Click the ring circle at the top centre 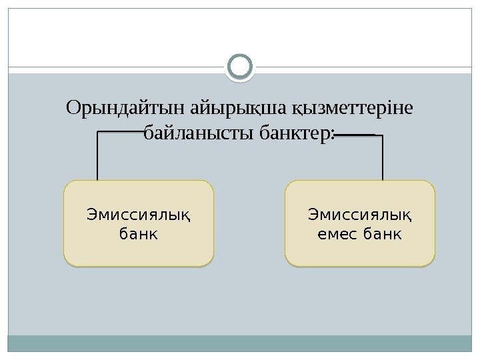(x=240, y=67)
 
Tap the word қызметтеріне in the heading (x=354, y=107)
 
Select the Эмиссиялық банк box (x=139, y=223)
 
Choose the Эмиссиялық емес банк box (x=360, y=223)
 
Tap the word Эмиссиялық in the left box (x=139, y=215)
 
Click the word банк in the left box (x=139, y=234)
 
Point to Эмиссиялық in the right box (x=360, y=215)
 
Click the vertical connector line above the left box (x=98, y=157)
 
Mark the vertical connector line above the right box (x=383, y=158)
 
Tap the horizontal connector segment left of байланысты (x=120, y=132)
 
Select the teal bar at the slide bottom (x=240, y=343)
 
